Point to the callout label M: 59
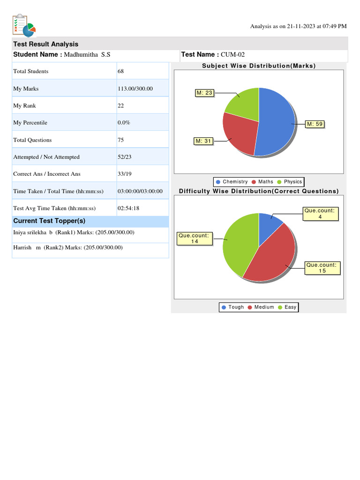(x=315, y=124)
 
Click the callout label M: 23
(x=204, y=93)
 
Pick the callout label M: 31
(x=203, y=141)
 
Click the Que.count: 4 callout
(x=321, y=214)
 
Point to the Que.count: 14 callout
(x=195, y=239)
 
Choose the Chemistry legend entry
(x=232, y=182)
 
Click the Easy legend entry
(x=287, y=307)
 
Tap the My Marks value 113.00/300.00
(x=135, y=89)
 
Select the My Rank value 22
(x=120, y=105)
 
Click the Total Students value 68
(x=120, y=71)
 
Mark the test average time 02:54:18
(x=128, y=208)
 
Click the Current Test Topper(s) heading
(x=49, y=221)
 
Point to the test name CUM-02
(x=232, y=54)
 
